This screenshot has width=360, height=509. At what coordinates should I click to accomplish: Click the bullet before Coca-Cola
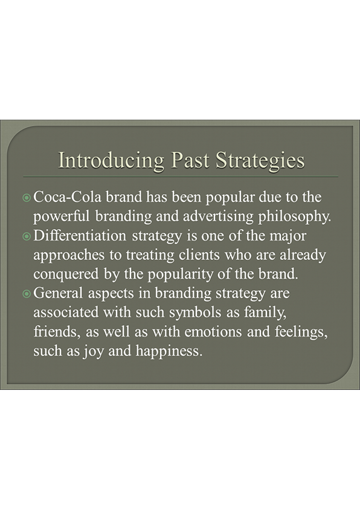27,197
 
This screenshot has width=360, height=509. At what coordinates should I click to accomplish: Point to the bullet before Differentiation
27,236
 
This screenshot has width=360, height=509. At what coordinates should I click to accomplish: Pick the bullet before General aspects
27,294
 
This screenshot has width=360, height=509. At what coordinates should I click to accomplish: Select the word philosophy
295,217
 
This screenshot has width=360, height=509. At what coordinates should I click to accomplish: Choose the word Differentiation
80,236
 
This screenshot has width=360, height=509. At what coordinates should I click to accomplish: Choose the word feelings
301,332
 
